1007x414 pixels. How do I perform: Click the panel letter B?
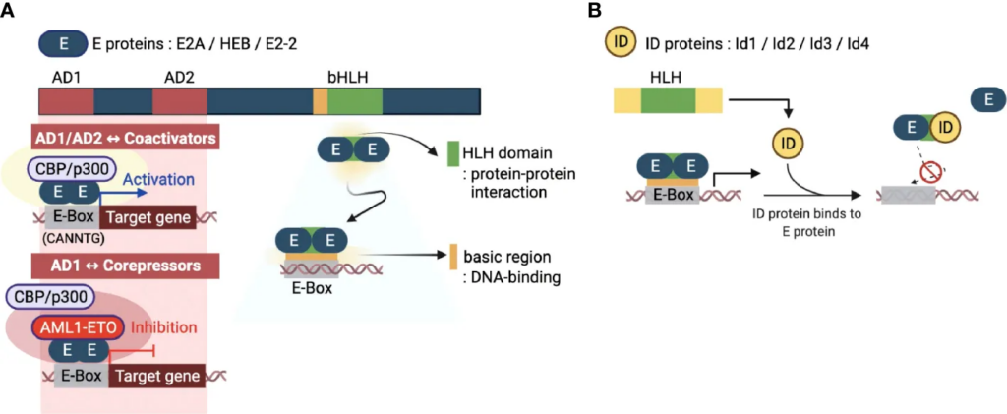pyautogui.click(x=593, y=11)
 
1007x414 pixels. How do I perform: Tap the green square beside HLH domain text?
pyautogui.click(x=453, y=153)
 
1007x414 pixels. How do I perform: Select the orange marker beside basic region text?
pyautogui.click(x=453, y=256)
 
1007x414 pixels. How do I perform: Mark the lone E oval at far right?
pyautogui.click(x=987, y=98)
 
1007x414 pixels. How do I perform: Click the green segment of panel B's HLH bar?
pyautogui.click(x=668, y=100)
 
